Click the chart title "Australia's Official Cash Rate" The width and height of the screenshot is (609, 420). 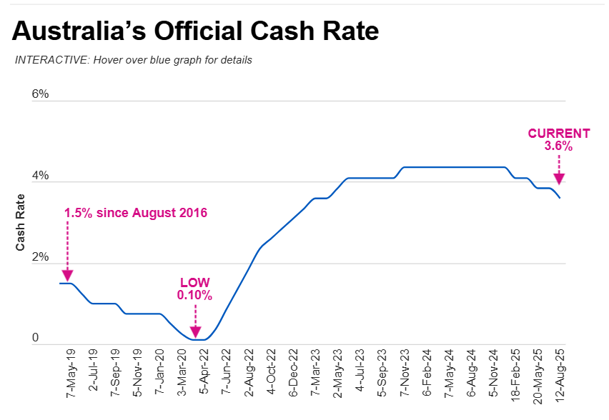(x=195, y=31)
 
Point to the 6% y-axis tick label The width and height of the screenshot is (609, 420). (x=40, y=94)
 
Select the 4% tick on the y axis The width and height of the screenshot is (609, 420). (x=40, y=176)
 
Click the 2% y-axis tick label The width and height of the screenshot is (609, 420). (x=40, y=258)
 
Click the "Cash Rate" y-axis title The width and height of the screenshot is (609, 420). (x=21, y=224)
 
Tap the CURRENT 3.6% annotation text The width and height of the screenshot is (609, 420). (x=559, y=139)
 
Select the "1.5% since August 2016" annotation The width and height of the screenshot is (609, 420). (x=136, y=214)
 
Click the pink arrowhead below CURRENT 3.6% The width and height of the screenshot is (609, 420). (x=559, y=179)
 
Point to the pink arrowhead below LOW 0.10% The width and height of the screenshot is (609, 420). (x=194, y=331)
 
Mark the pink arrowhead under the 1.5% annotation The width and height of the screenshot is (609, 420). (x=67, y=275)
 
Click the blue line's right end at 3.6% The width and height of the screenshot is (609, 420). (x=559, y=198)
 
